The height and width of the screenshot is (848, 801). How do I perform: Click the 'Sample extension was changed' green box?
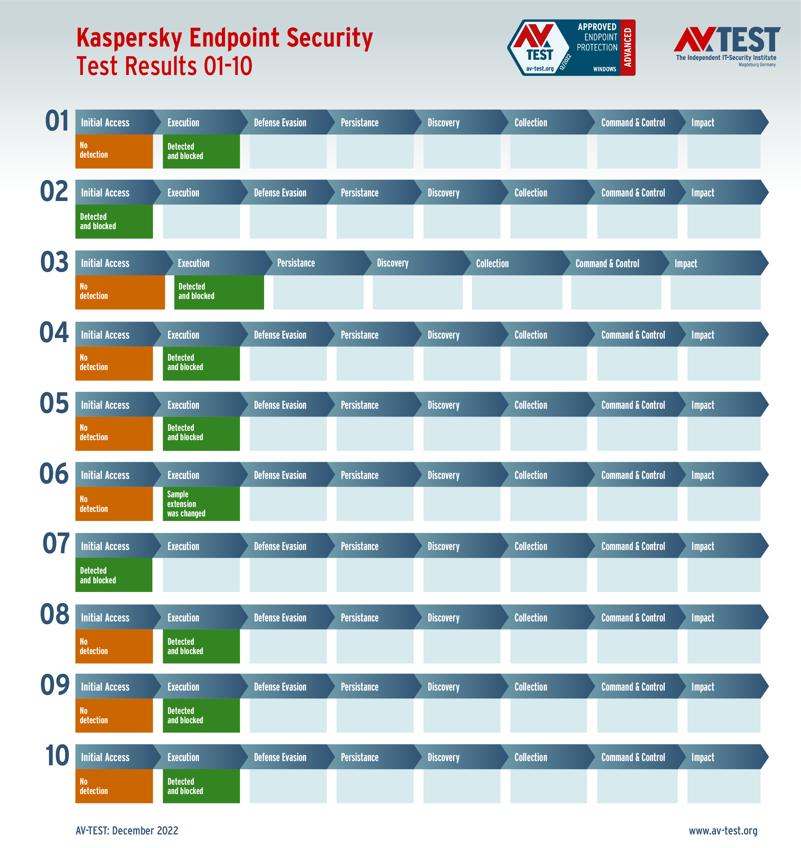tap(201, 503)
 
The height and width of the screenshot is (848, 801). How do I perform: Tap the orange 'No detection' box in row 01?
tap(114, 151)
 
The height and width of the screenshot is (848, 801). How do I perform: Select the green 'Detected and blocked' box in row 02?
tap(114, 221)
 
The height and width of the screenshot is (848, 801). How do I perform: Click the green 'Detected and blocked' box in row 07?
tap(114, 575)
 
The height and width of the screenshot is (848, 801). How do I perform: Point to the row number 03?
tap(54, 262)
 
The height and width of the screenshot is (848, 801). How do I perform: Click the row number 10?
tap(57, 756)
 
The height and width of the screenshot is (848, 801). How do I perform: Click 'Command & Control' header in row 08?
tap(633, 618)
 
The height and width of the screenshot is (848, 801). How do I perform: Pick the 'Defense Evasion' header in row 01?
tap(280, 123)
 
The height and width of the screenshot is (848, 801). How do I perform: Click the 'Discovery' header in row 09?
tap(443, 687)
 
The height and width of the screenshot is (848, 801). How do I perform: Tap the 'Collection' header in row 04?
tap(530, 335)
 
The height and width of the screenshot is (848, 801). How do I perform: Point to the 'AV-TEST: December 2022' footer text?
tap(127, 831)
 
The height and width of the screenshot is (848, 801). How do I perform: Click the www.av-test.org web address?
tap(723, 831)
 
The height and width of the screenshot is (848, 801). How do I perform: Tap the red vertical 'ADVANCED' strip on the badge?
tap(628, 48)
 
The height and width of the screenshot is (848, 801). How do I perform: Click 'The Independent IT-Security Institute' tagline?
tap(726, 58)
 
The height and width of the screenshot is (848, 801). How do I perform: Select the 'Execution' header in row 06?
tap(183, 475)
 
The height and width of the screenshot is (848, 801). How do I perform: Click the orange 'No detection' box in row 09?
tap(114, 715)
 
